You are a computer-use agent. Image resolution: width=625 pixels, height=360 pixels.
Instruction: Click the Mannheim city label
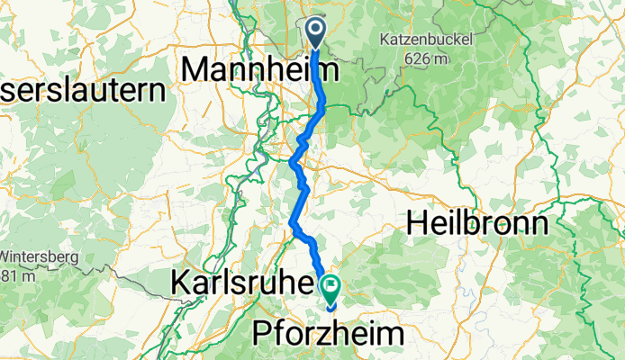coord(260,69)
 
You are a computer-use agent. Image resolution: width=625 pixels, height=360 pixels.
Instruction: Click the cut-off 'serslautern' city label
coord(84,91)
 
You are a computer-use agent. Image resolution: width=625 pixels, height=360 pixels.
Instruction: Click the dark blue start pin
coord(317,31)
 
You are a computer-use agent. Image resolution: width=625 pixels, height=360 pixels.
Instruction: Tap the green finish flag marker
coord(331,289)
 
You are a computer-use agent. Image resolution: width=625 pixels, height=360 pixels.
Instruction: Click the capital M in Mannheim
coord(195,69)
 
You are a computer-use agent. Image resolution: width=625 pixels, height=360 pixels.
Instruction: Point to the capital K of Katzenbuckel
coord(384,40)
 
